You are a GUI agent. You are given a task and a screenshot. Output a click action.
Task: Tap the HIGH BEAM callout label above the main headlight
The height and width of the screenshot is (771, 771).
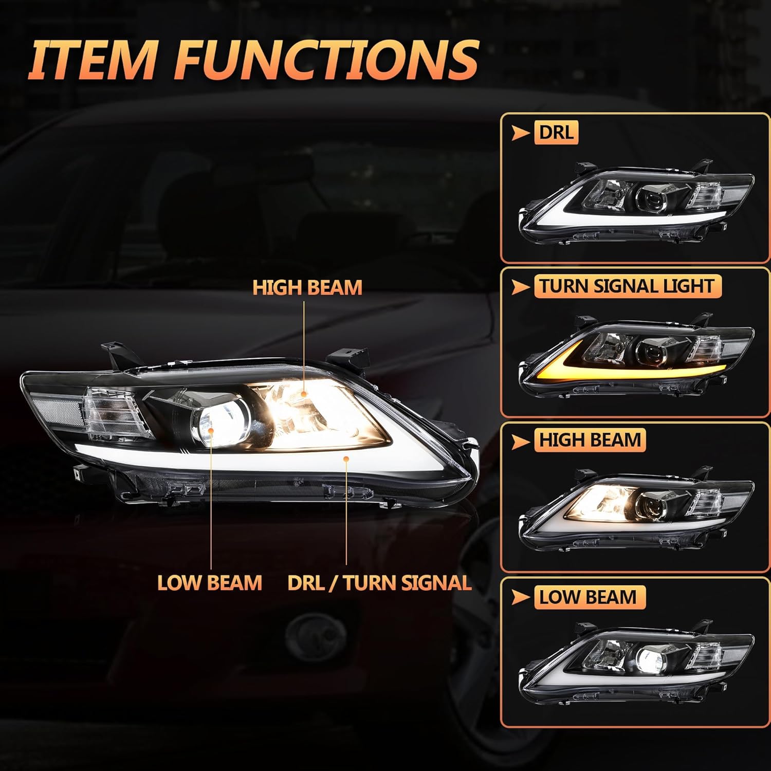(x=307, y=287)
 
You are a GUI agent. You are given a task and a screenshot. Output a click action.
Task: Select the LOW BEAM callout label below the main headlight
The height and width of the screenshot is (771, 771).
(x=210, y=583)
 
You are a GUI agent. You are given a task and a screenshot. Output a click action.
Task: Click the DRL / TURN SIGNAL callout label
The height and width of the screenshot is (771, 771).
(x=379, y=583)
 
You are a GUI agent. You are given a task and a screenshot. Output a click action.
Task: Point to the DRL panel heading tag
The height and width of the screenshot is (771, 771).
(x=556, y=132)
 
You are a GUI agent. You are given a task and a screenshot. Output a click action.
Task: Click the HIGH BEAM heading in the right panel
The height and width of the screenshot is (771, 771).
(x=590, y=440)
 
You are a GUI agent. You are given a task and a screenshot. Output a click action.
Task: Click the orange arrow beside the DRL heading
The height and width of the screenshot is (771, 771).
(x=521, y=133)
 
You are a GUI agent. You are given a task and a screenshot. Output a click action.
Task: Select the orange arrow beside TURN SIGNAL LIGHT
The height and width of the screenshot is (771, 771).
(x=521, y=287)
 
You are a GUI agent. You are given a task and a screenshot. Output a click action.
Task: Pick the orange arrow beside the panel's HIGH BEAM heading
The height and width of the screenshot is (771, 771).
(x=521, y=442)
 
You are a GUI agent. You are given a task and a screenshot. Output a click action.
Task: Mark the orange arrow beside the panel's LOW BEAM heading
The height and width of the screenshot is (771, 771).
(x=521, y=598)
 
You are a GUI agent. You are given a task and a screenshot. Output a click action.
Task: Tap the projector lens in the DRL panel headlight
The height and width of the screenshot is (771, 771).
(x=651, y=197)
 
